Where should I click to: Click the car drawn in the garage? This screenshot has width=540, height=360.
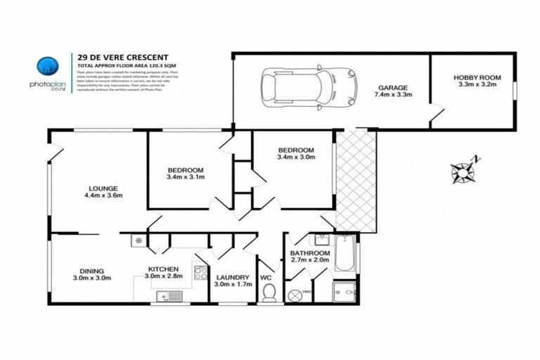309,87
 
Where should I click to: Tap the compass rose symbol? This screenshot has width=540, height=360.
463,170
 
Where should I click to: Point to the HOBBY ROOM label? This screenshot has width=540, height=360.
475,78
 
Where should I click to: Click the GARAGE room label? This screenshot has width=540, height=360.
392,88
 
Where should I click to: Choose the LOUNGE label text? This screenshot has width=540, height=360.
103,188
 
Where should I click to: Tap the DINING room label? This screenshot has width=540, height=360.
92,271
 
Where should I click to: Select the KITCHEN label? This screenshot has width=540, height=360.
162,269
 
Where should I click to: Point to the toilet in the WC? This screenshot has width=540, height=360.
269,292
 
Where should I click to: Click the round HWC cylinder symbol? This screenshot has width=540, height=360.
295,290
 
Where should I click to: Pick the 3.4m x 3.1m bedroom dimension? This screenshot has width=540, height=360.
186,178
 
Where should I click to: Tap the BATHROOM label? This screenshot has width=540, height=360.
310,253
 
